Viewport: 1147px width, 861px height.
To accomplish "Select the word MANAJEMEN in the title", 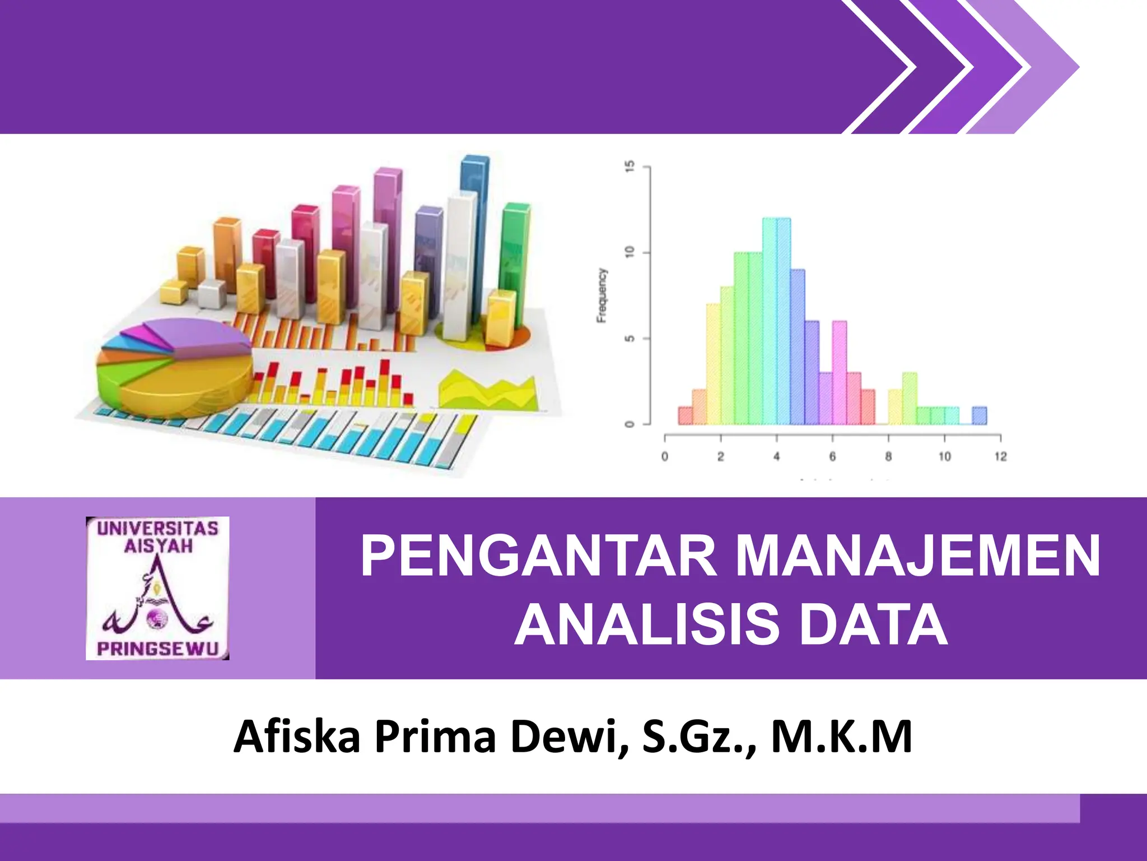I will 917,556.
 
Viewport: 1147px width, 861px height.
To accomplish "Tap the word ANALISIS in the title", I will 646,624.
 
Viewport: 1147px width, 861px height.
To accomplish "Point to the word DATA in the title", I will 873,624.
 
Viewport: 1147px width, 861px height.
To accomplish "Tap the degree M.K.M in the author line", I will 842,737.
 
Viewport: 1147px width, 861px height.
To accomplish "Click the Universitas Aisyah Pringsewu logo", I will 157,588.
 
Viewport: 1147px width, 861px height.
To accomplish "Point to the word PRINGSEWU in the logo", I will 157,649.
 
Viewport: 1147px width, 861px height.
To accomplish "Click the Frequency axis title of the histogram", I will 602,295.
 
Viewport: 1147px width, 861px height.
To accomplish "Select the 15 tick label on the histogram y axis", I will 630,166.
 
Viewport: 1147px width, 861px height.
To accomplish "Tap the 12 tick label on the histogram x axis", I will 1001,457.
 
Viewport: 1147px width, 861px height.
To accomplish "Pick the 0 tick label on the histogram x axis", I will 665,457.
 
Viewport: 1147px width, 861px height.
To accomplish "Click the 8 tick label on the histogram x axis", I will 889,457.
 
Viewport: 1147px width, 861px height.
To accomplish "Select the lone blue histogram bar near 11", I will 979,415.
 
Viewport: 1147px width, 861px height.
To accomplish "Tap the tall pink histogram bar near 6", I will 839,372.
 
